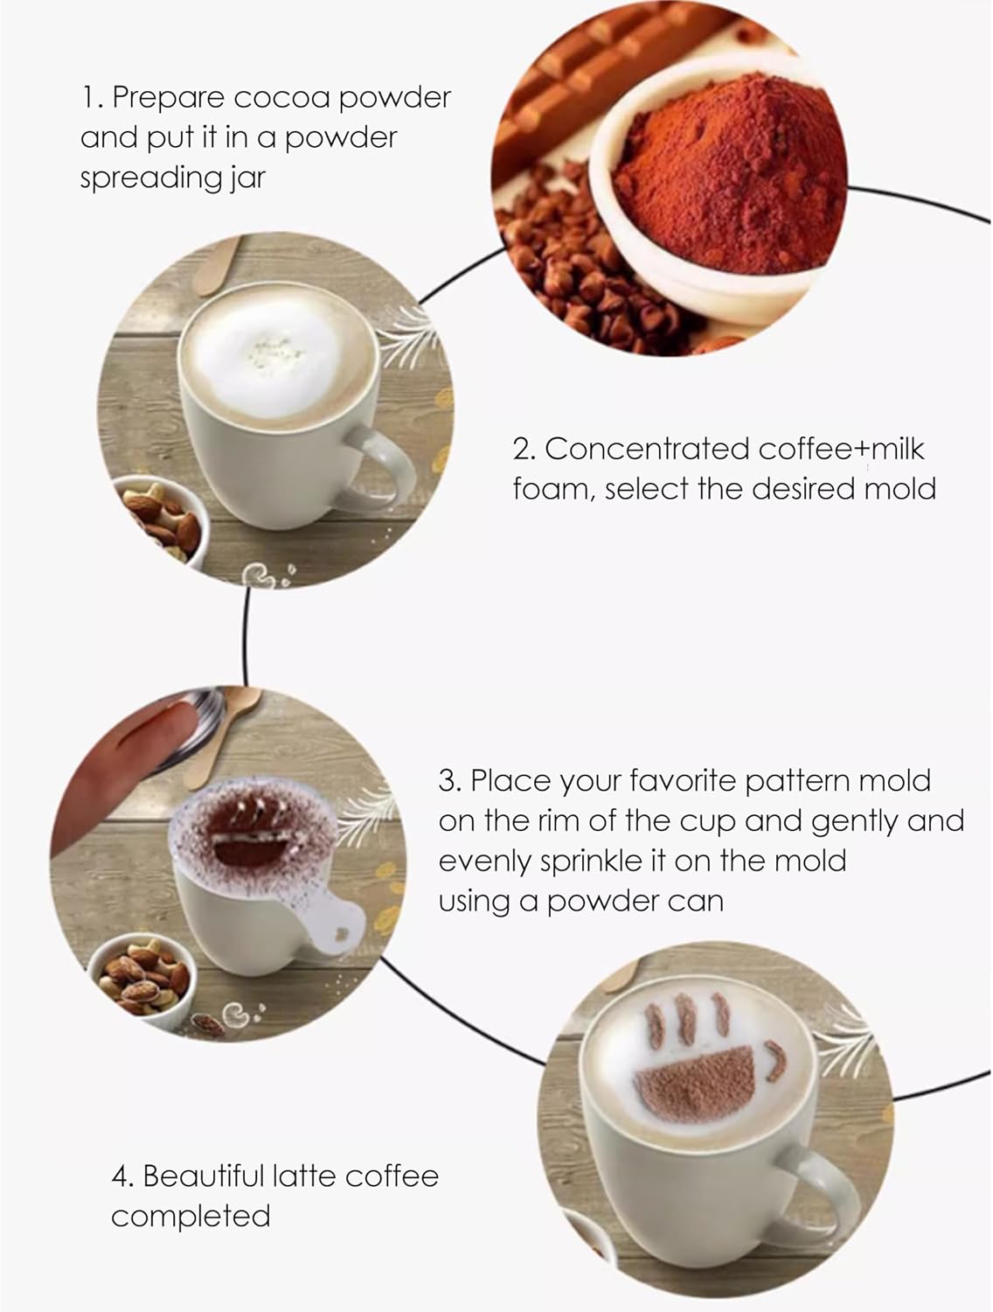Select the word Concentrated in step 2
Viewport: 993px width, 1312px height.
[x=646, y=449]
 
